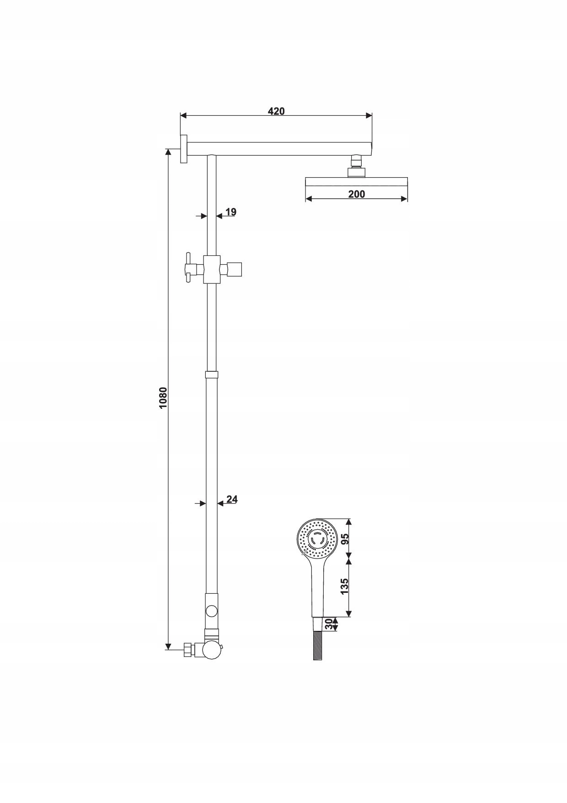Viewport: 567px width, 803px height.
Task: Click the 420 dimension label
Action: click(x=276, y=111)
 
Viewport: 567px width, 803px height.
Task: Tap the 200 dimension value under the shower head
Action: click(x=357, y=194)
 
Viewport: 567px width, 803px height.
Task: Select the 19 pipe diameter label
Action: click(x=231, y=212)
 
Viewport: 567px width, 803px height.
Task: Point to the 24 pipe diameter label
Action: click(x=232, y=499)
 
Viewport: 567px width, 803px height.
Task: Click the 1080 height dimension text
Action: click(x=163, y=398)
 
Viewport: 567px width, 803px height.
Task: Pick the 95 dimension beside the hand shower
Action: click(x=345, y=539)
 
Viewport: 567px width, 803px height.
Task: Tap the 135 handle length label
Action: click(x=345, y=586)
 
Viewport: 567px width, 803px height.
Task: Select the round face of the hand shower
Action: click(x=317, y=539)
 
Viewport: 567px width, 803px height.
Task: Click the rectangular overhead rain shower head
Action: click(x=356, y=182)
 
